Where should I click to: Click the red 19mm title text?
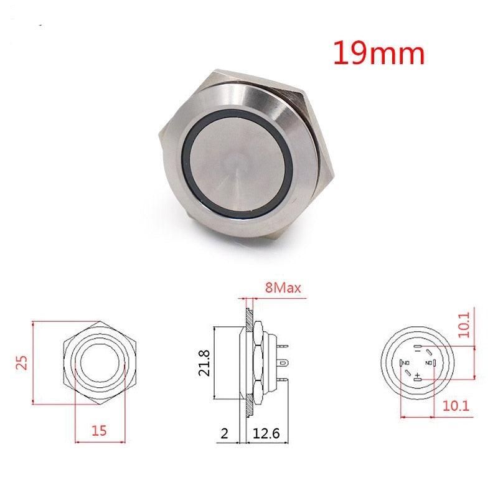coord(378,54)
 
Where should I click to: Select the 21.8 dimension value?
coord(204,362)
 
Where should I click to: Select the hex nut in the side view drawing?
coord(256,361)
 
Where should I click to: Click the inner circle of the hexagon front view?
coord(100,361)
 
